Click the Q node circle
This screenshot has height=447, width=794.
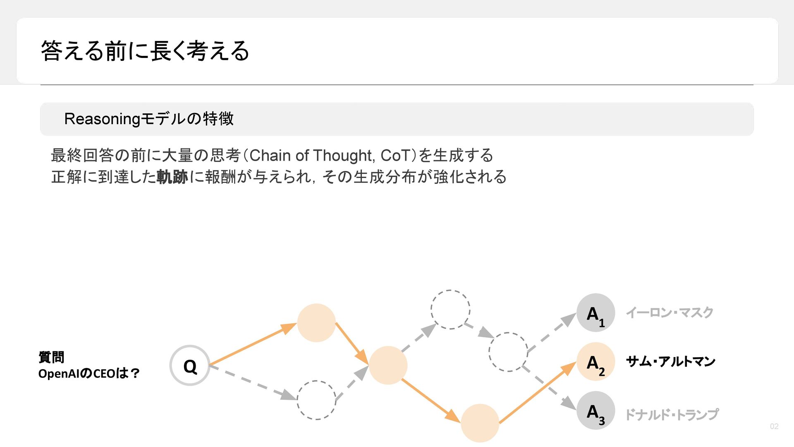[190, 365]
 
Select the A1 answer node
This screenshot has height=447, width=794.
[595, 312]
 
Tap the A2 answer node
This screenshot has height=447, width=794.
[595, 361]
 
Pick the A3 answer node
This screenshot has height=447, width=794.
[595, 410]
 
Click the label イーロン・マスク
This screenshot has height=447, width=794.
[670, 312]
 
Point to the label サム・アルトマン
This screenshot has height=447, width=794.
[670, 361]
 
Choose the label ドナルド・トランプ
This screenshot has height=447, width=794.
[672, 414]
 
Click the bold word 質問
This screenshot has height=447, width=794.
[51, 357]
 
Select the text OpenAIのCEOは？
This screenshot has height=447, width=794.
[89, 374]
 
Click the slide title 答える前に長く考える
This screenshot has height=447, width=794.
[145, 51]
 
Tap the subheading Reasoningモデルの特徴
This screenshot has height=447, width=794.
[149, 119]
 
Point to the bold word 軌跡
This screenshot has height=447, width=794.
[172, 177]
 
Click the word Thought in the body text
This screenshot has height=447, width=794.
[343, 156]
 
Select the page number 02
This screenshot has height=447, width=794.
[774, 426]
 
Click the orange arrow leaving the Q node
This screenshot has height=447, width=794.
[252, 345]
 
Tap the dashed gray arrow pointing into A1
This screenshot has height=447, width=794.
[552, 333]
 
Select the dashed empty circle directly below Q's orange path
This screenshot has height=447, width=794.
[316, 400]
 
